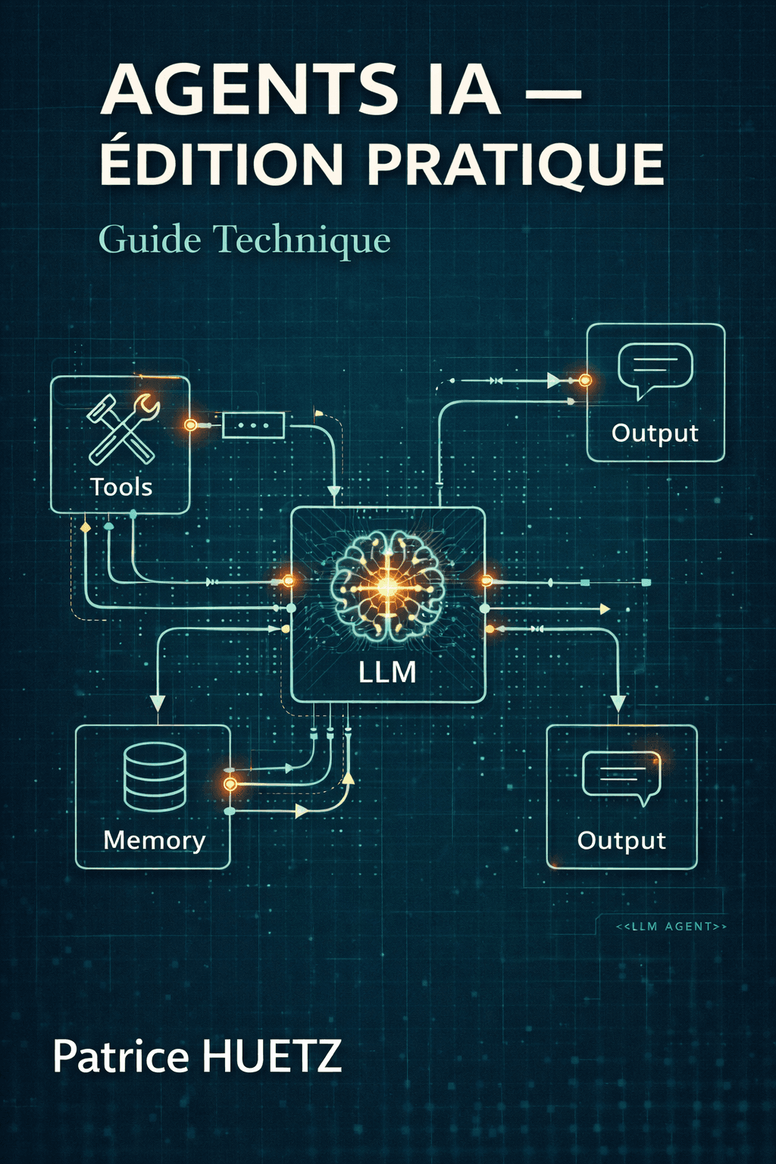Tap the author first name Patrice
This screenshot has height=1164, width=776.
(121, 1056)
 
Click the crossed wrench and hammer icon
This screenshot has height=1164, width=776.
(122, 428)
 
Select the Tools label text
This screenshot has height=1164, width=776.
(121, 487)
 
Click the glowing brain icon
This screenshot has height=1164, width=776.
(387, 584)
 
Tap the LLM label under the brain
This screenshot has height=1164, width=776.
(387, 672)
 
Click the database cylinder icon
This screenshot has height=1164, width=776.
(155, 777)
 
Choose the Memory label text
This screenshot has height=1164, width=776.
(155, 840)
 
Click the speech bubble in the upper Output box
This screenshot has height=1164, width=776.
(656, 369)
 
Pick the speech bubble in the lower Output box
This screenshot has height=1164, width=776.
(621, 778)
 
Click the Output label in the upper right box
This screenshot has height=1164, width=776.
(655, 433)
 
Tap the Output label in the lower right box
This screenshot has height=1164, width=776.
(621, 840)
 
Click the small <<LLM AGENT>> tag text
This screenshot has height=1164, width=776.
(671, 926)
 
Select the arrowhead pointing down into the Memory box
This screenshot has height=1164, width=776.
(158, 702)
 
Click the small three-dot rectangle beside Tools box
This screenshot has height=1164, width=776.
(253, 425)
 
